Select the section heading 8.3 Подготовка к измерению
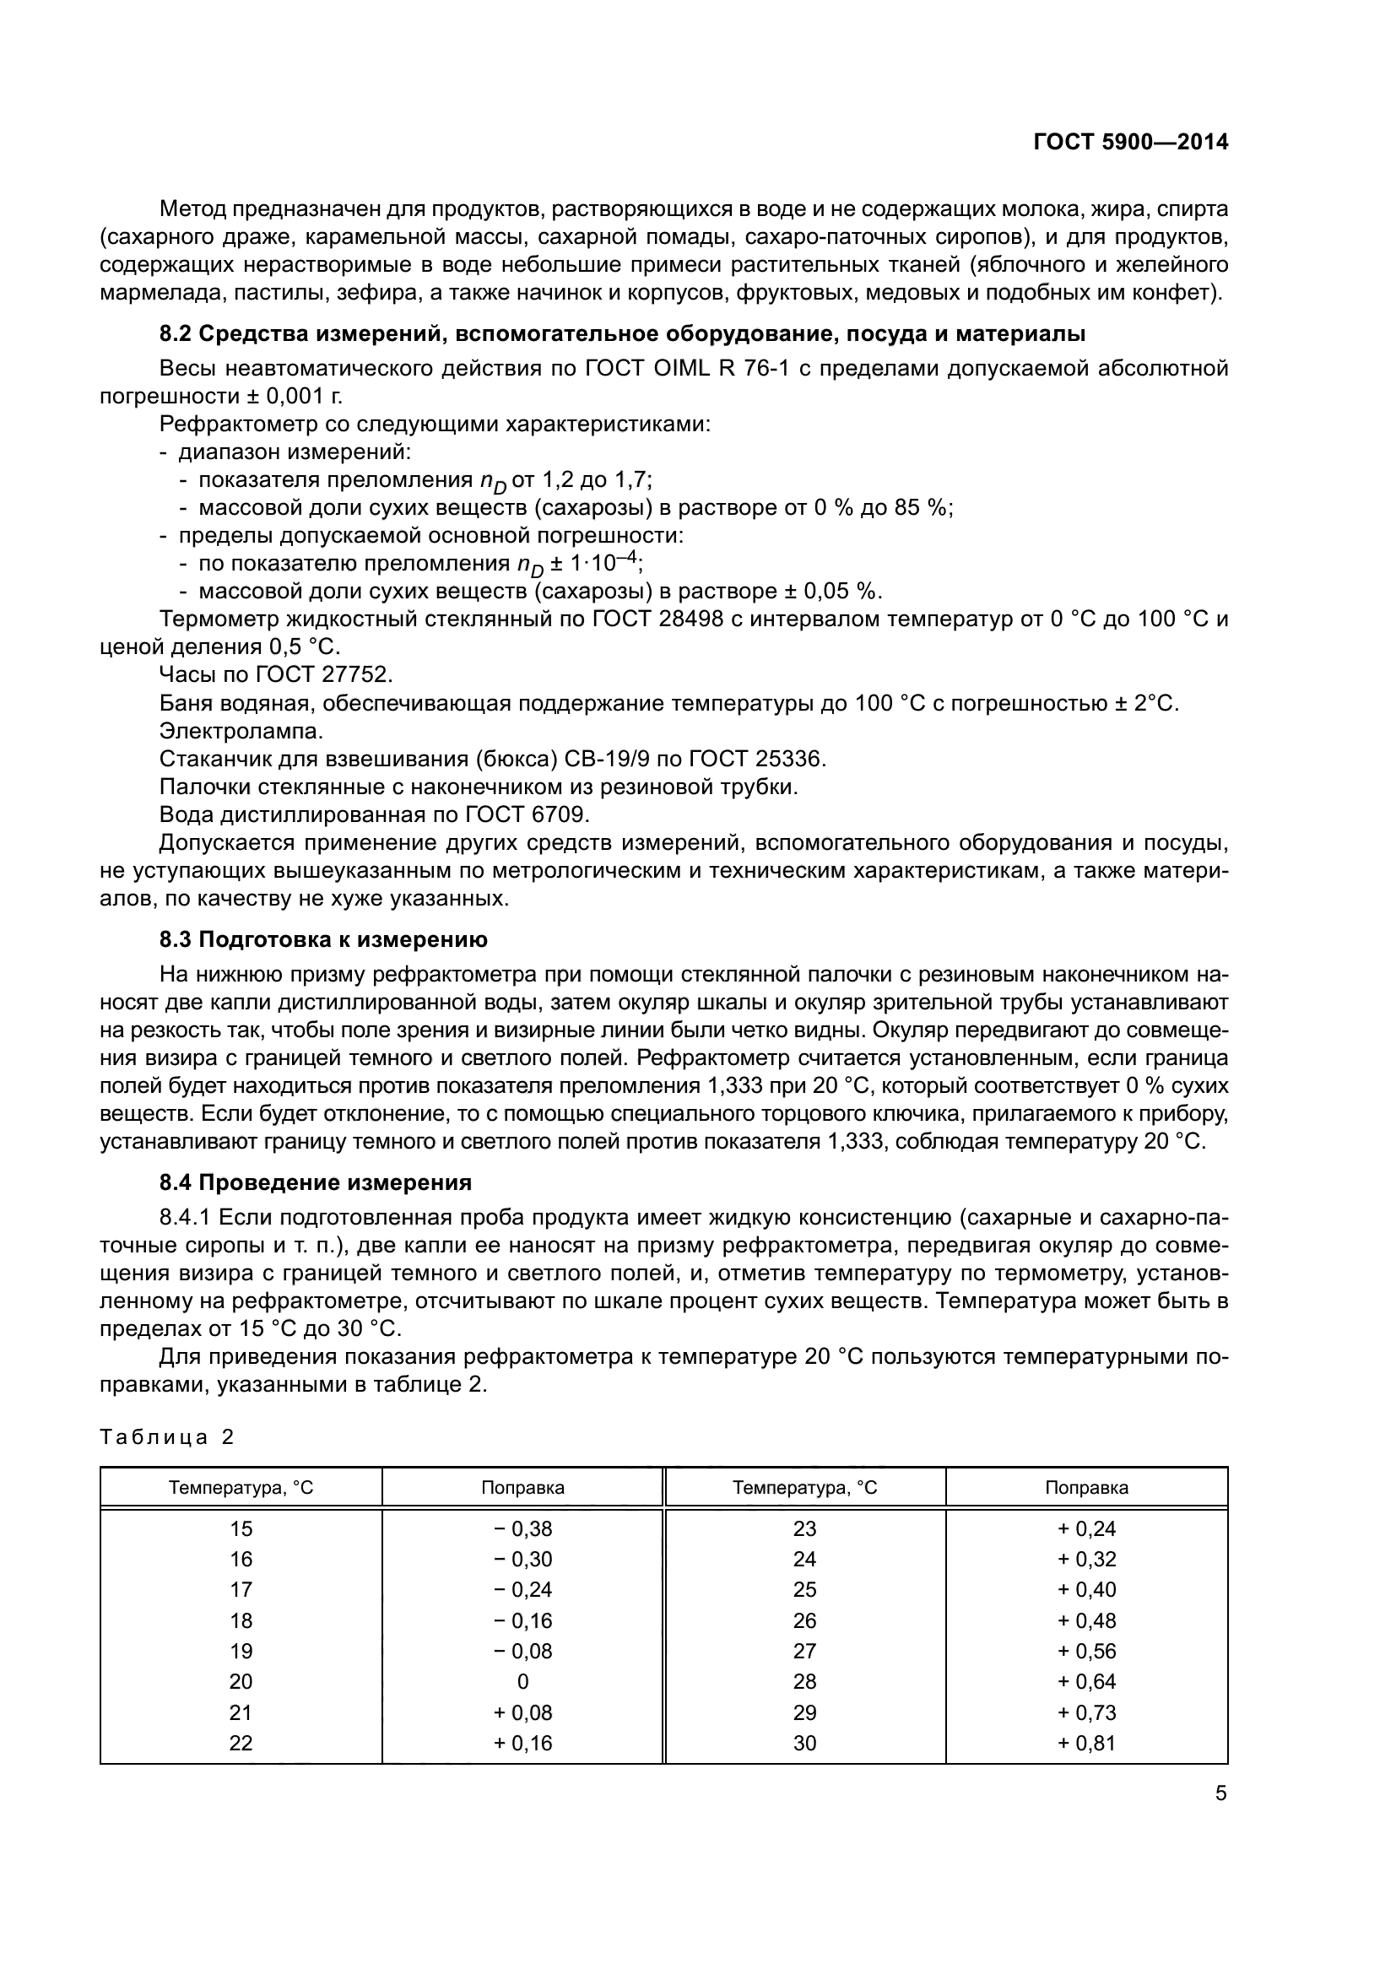click(323, 939)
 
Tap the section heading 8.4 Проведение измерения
click(316, 1182)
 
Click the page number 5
click(1220, 1793)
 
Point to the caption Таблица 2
click(167, 1436)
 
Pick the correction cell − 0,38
click(522, 1528)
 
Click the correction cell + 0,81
click(1086, 1743)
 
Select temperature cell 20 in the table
click(241, 1681)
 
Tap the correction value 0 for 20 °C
click(522, 1681)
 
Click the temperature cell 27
click(804, 1651)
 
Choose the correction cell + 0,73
click(1086, 1712)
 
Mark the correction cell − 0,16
click(522, 1620)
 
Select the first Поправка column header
click(522, 1487)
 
